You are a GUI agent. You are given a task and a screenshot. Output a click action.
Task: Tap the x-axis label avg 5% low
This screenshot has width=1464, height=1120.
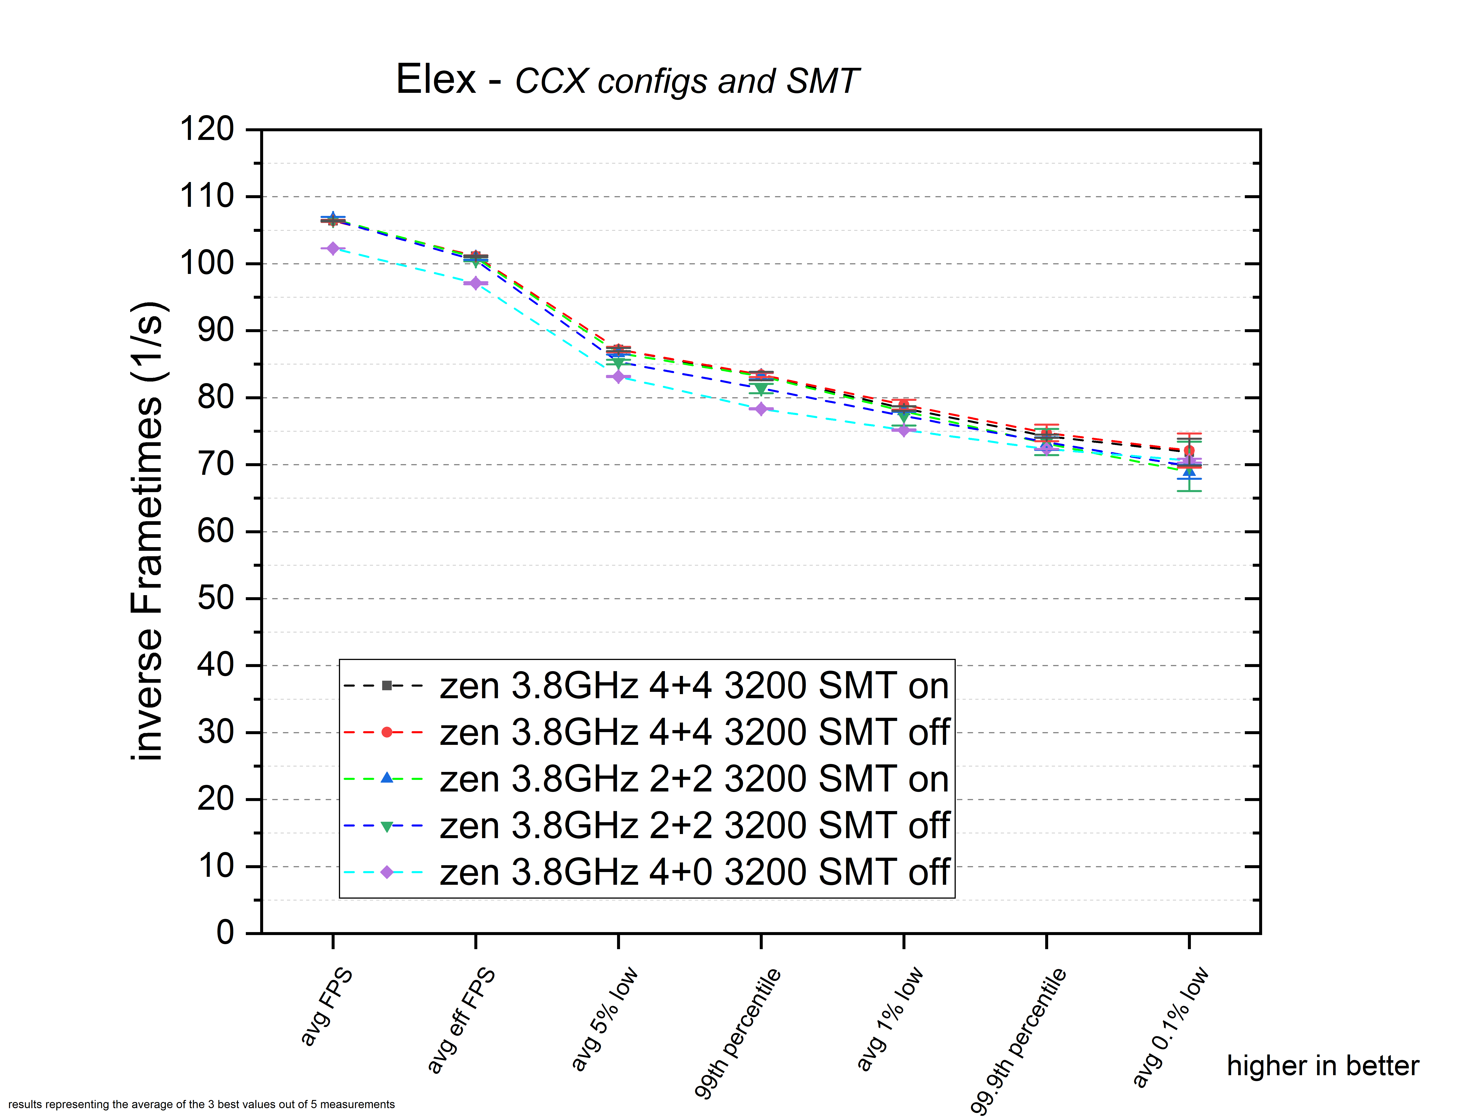pos(604,1019)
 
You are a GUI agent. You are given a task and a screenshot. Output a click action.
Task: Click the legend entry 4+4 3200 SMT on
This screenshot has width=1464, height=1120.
pos(694,686)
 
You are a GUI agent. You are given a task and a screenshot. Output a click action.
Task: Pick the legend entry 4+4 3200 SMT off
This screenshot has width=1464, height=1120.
pos(694,733)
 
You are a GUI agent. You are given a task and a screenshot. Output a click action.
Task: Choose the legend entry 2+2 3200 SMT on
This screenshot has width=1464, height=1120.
pos(694,779)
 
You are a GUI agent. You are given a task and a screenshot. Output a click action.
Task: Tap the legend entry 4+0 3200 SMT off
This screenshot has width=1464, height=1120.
pos(694,873)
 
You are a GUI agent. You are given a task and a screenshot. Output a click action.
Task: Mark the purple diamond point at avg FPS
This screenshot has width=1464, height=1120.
pos(333,249)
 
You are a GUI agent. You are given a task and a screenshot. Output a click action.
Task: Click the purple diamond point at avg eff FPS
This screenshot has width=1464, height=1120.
pos(475,283)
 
